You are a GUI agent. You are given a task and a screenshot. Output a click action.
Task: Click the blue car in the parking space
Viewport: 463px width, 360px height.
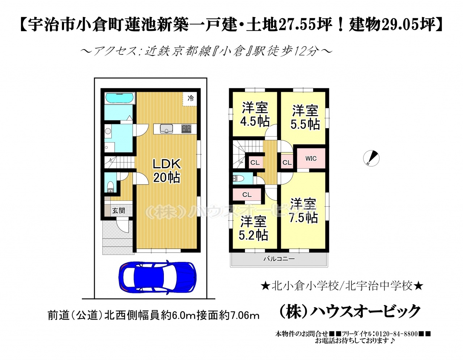[157, 277]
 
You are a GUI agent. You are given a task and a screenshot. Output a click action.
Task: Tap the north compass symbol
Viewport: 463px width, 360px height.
[371, 158]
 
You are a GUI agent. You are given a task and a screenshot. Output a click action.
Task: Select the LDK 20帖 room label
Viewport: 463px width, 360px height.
[167, 171]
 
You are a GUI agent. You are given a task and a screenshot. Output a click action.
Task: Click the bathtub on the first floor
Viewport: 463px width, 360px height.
[119, 98]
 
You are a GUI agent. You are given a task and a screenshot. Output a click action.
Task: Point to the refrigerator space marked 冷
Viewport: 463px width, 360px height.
[191, 98]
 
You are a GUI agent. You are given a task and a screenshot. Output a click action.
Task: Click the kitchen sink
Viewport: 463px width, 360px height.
[167, 129]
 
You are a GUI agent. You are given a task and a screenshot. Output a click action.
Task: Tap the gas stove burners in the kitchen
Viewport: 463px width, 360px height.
[186, 129]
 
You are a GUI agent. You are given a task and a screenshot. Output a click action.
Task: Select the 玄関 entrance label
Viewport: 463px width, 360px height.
[119, 211]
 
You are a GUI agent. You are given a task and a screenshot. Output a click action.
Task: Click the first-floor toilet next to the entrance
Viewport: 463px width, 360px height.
[110, 187]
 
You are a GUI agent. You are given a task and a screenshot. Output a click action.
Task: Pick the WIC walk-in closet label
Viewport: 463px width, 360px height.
[311, 158]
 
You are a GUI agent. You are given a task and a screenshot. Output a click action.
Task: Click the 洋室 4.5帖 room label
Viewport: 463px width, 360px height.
[255, 115]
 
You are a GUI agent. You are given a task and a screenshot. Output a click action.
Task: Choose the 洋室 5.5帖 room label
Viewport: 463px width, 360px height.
[305, 117]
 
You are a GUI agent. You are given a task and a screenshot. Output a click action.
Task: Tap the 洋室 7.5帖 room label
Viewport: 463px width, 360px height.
[303, 211]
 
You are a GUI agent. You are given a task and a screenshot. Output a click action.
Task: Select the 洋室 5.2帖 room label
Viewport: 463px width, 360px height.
[253, 228]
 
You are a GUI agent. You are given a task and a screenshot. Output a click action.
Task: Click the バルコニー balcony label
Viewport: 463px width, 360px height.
[279, 259]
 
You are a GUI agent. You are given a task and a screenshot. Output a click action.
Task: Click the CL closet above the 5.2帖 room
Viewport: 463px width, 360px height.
[247, 195]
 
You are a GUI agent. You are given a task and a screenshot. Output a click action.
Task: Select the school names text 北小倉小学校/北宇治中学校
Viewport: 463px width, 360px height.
[342, 286]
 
